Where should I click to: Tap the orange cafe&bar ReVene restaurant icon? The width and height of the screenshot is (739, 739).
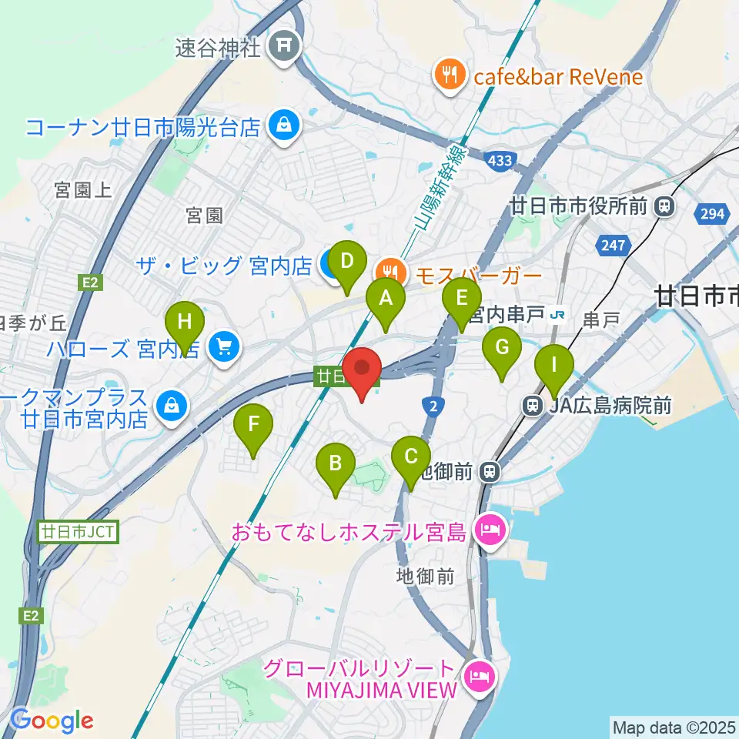(449, 75)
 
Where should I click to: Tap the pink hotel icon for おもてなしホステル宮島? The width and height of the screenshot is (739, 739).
(491, 530)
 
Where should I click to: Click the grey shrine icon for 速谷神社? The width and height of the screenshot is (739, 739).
(283, 48)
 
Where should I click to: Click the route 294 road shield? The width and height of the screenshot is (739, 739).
(713, 213)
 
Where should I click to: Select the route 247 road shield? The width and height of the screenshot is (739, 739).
(614, 246)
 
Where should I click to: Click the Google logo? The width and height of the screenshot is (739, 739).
(52, 721)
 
